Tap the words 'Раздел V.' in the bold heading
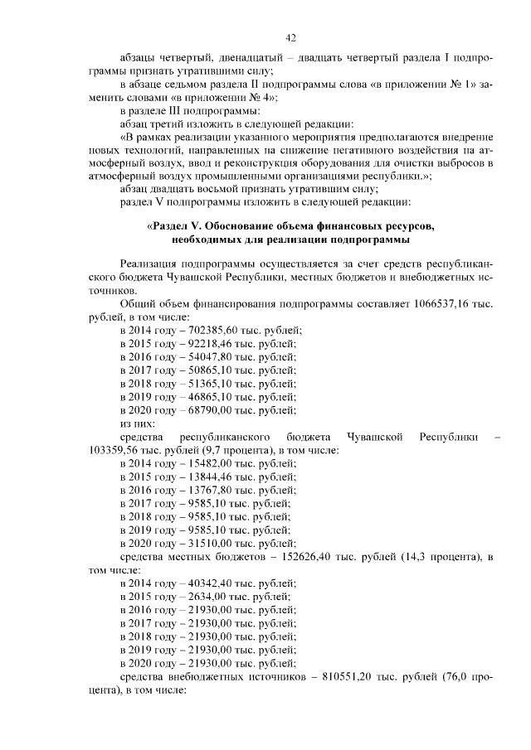[x=175, y=226]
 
